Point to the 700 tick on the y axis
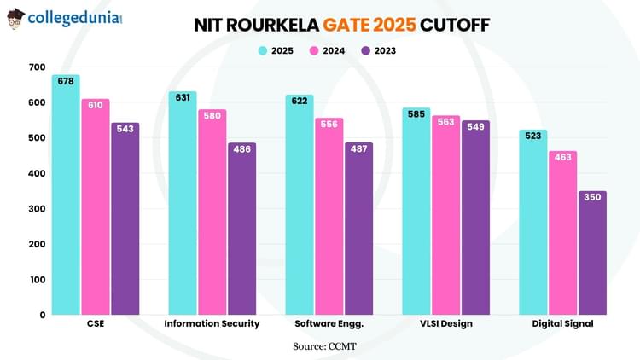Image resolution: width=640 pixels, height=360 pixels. point(37,67)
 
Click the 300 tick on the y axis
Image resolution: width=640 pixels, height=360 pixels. point(37,209)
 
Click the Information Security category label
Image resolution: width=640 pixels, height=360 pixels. point(212,324)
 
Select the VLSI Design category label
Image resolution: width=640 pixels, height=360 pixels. point(445,324)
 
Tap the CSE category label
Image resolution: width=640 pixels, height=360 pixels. point(96,324)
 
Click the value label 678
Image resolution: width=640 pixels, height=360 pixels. point(66,82)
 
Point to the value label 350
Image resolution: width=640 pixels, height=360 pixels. point(592,197)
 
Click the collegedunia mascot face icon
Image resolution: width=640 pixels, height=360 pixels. point(15,18)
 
